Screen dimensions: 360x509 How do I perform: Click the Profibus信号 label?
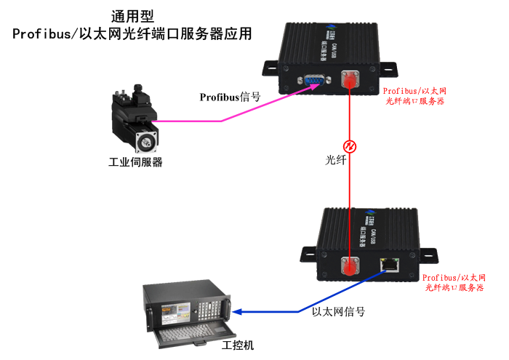pos(230,96)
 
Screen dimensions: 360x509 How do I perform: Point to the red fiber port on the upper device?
pos(350,79)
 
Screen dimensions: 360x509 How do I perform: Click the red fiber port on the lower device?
pos(351,265)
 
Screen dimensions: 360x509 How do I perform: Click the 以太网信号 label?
pos(338,312)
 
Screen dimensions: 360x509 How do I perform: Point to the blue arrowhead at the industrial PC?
pos(238,313)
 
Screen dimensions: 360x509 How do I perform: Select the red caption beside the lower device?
pos(455,283)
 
